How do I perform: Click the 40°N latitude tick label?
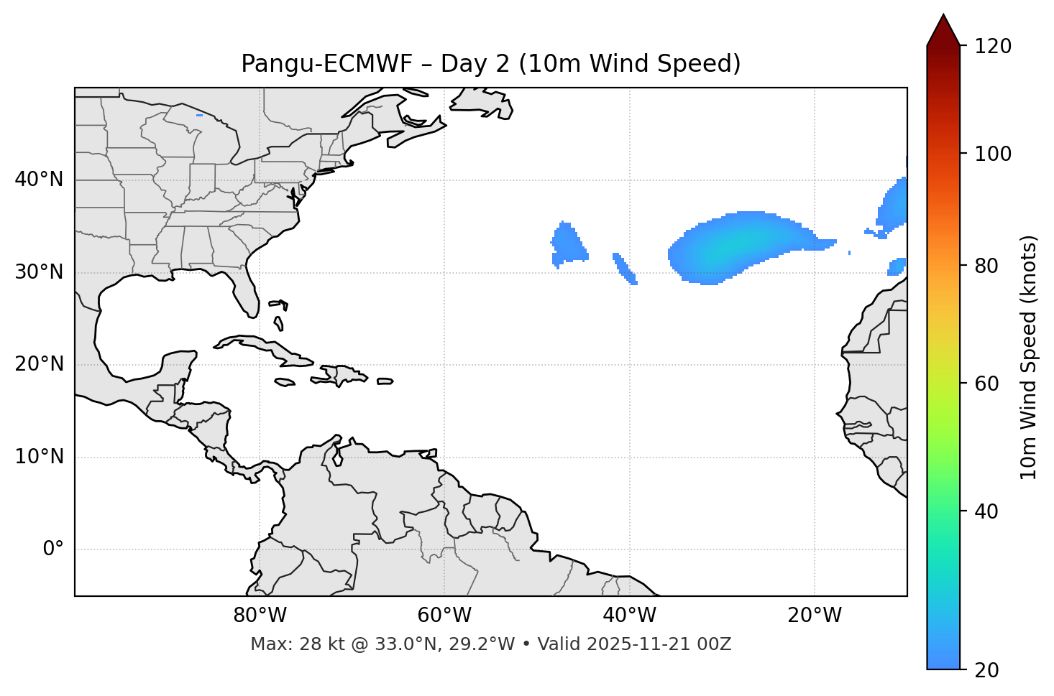(39, 180)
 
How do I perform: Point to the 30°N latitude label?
(39, 272)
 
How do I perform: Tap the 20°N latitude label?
(39, 364)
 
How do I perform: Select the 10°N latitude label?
(39, 457)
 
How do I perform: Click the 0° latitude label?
(52, 549)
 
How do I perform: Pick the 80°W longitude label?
(260, 616)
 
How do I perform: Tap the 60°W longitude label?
(444, 616)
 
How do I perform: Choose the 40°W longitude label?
(629, 616)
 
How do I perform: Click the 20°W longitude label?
(815, 616)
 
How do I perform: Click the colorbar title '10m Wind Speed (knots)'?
(1029, 357)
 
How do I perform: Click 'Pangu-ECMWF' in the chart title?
(326, 64)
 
